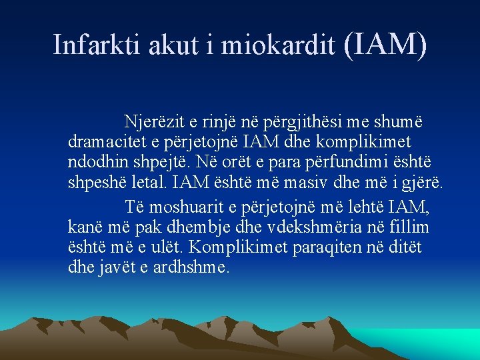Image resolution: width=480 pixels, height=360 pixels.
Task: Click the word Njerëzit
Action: tap(155, 123)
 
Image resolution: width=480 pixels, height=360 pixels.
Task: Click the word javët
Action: tap(116, 267)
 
